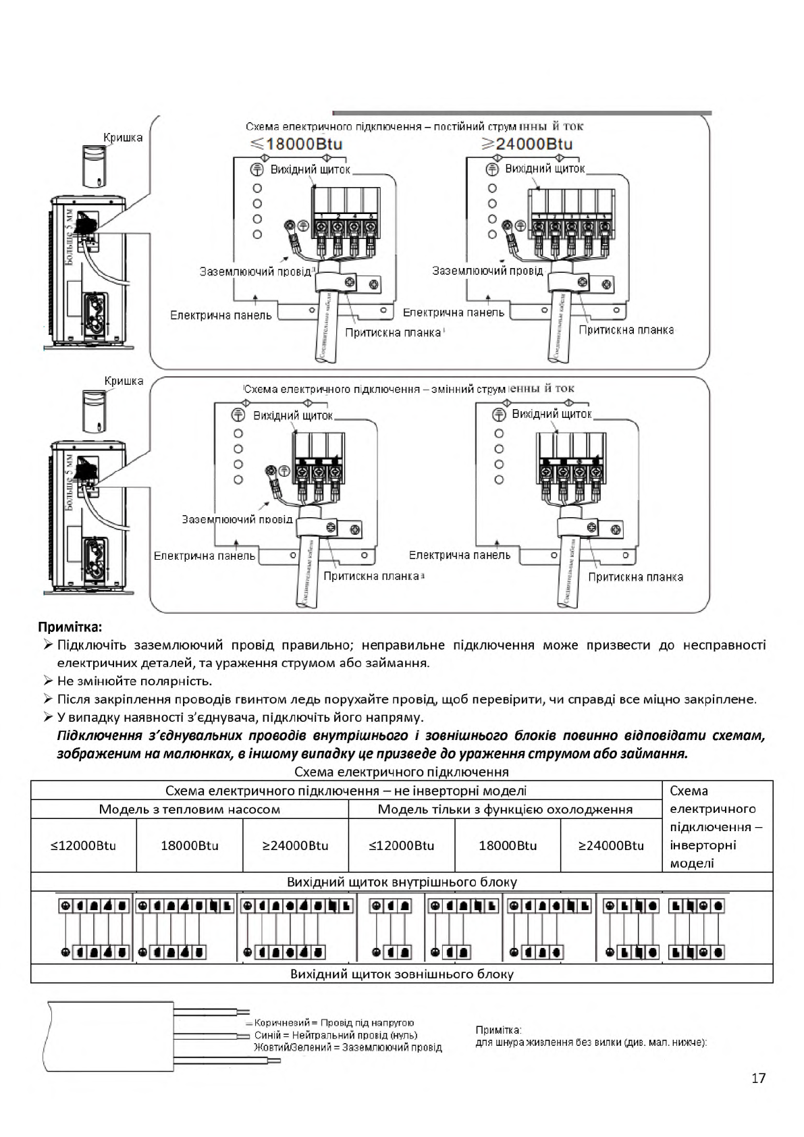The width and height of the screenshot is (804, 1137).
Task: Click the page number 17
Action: pos(758,1078)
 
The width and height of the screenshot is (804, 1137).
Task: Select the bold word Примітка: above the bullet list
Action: pos(71,627)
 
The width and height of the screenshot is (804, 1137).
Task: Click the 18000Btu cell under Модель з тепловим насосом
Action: pos(189,845)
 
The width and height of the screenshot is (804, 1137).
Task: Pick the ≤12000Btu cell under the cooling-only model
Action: pos(402,845)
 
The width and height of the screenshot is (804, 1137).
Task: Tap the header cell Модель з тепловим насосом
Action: pos(189,809)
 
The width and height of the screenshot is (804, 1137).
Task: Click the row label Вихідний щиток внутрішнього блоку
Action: pos(402,882)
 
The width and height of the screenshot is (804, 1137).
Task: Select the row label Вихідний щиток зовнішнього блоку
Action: pos(402,974)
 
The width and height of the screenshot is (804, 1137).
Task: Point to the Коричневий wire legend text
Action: pos(334,1023)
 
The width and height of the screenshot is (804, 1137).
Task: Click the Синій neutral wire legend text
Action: pos(336,1035)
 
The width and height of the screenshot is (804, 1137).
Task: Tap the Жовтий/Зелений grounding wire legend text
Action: pos(348,1047)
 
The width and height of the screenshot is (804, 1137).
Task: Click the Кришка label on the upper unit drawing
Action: pos(123,138)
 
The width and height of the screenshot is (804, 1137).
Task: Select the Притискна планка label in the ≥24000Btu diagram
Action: pos(626,329)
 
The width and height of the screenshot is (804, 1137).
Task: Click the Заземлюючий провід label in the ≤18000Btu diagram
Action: pos(255,271)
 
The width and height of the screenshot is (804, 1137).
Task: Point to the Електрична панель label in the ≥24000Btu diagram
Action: pos(454,313)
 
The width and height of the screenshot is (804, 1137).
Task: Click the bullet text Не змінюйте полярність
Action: pos(134,681)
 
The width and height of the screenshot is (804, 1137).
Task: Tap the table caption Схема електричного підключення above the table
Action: pos(402,772)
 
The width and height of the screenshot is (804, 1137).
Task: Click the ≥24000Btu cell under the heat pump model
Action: pos(295,845)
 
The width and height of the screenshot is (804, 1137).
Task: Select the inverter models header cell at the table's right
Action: pos(716,827)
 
